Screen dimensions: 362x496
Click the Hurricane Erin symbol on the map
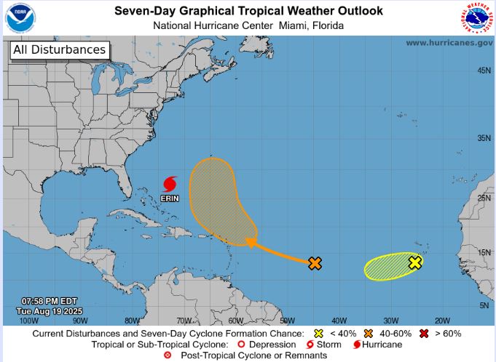[x=170, y=182]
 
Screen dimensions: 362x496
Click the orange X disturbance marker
[x=315, y=263]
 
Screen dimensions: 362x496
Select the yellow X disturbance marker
[x=415, y=262]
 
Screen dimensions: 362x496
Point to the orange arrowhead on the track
[x=250, y=243]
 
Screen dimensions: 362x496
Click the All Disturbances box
[x=58, y=50]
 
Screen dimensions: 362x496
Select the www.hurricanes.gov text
[x=449, y=43]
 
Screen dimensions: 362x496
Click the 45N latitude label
[x=483, y=71]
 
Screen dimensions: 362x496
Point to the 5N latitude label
[x=484, y=305]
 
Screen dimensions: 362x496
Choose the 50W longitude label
[x=287, y=321]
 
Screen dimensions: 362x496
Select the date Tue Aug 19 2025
[x=50, y=311]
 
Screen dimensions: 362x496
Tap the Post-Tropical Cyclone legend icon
[x=168, y=355]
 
